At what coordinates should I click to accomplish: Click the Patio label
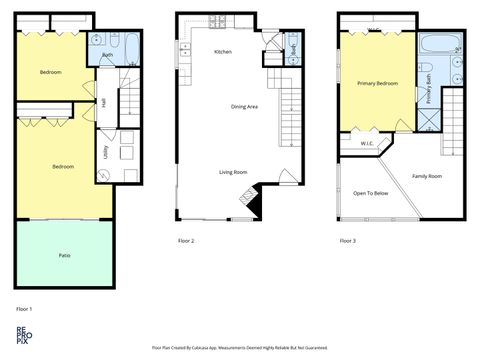click(64, 255)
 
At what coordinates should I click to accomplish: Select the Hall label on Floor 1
click(104, 103)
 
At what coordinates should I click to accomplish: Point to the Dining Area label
click(245, 106)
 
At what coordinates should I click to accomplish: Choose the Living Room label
click(233, 172)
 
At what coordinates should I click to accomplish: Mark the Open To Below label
click(370, 193)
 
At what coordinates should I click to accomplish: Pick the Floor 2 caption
click(186, 241)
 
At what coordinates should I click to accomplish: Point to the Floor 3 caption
click(347, 241)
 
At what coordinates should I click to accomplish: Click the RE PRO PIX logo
click(23, 336)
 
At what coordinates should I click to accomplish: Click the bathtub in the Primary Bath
click(438, 45)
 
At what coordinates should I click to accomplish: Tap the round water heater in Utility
click(105, 175)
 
